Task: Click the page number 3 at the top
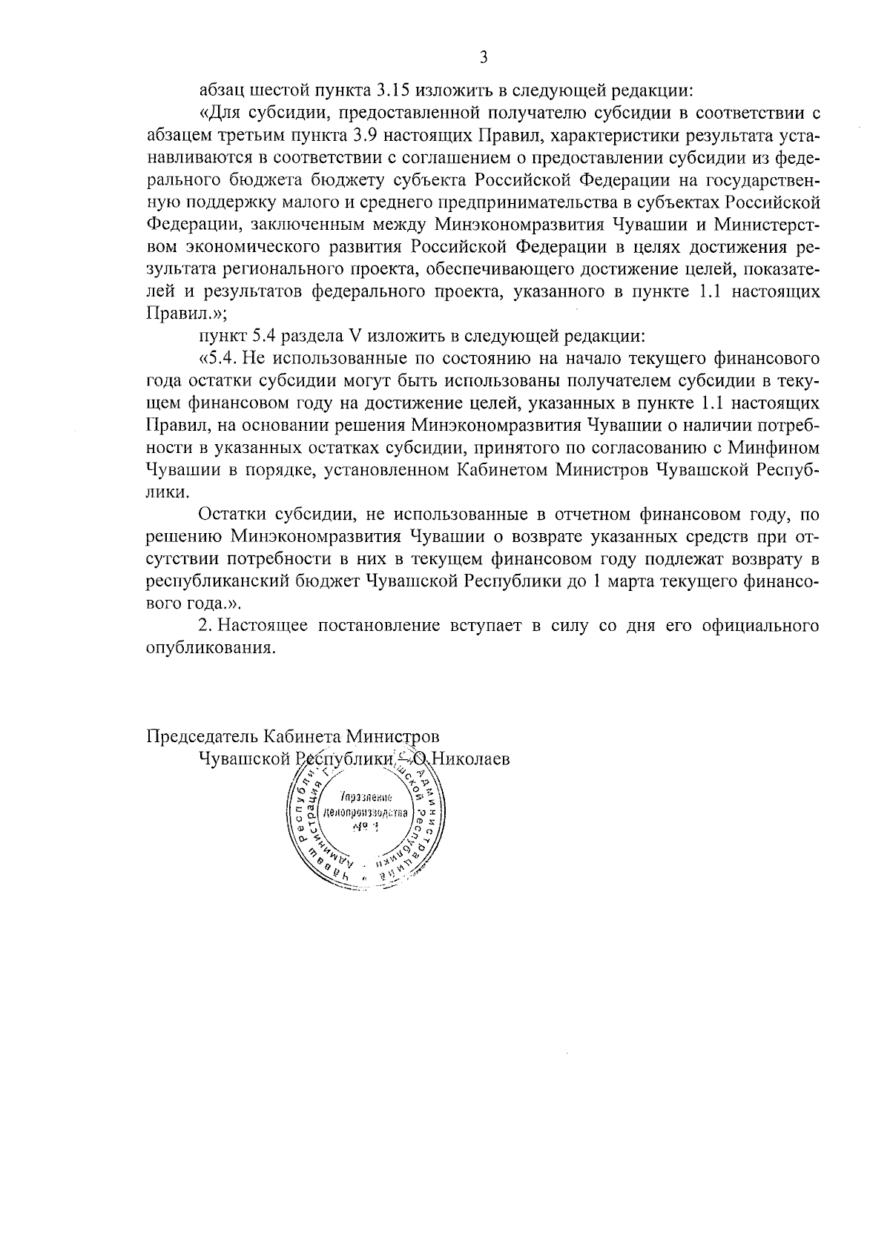click(484, 57)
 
